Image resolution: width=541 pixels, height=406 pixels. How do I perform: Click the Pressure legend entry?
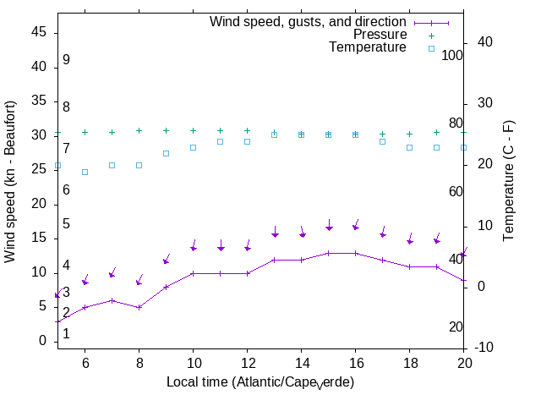tap(380, 35)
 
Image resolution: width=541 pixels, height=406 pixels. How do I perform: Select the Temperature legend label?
tap(368, 47)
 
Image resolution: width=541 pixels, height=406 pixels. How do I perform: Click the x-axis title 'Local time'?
tap(260, 382)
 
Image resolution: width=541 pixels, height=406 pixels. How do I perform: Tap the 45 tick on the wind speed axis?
tap(39, 31)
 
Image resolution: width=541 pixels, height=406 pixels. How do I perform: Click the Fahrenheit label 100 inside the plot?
tap(453, 55)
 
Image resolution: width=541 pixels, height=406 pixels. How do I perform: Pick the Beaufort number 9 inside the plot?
tap(66, 60)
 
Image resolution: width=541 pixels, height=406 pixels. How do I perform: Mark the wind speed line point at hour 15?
tap(328, 253)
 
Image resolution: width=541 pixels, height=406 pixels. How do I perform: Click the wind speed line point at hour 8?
tap(139, 307)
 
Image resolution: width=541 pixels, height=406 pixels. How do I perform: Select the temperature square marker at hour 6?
tap(85, 172)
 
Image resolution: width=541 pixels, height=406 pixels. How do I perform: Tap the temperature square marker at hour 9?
tap(166, 153)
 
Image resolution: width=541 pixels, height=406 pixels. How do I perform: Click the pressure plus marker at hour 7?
tap(112, 132)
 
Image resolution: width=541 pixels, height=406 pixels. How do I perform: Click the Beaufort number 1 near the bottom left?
tap(66, 334)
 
